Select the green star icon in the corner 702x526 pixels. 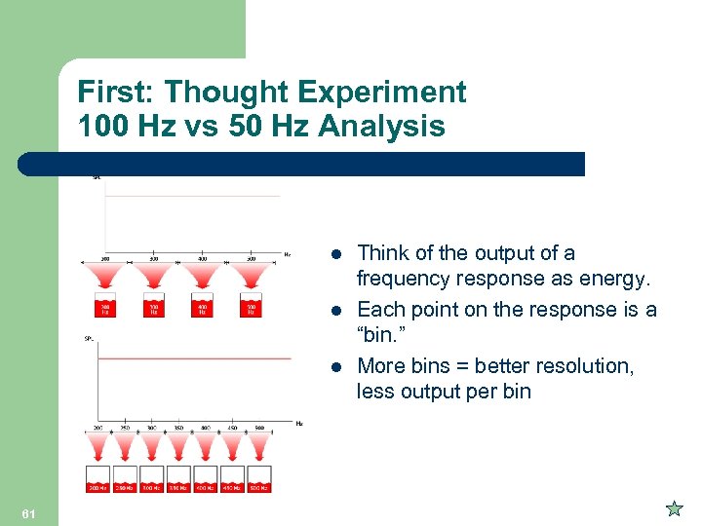[x=674, y=508]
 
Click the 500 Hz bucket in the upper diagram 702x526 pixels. [x=251, y=306]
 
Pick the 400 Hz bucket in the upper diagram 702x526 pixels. [x=202, y=306]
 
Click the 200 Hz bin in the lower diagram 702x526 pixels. [x=98, y=485]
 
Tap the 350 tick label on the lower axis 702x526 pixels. [x=178, y=427]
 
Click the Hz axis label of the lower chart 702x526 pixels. [x=298, y=423]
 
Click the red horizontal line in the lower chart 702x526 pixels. [x=195, y=358]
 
